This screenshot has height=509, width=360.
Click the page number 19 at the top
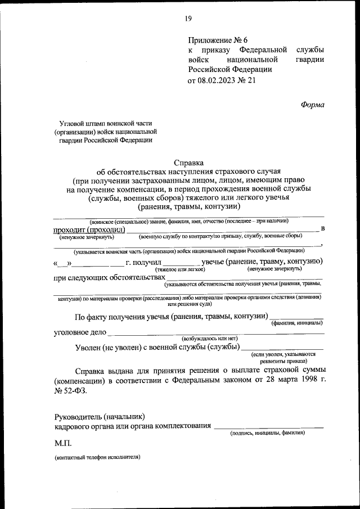click(x=188, y=19)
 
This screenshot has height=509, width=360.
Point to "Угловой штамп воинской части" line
click(x=106, y=123)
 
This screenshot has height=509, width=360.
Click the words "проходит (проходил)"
click(x=89, y=229)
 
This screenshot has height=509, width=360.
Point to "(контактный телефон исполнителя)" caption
click(x=97, y=457)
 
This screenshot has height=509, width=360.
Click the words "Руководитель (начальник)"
click(x=100, y=416)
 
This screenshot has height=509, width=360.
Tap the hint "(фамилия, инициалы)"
click(x=296, y=323)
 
